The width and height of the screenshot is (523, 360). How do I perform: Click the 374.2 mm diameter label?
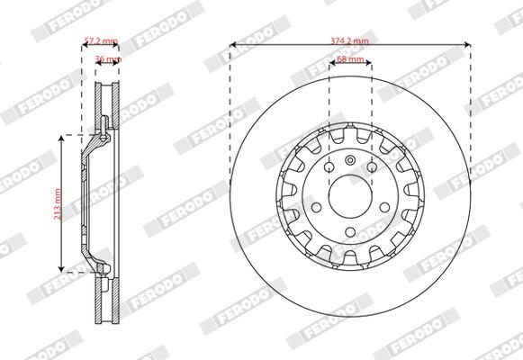(349, 40)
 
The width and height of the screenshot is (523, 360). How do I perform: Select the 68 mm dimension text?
(349, 59)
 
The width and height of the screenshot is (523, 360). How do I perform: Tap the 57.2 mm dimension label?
(102, 40)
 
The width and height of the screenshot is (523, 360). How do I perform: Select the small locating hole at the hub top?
(349, 161)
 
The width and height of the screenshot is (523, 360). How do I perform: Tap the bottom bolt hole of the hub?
(349, 231)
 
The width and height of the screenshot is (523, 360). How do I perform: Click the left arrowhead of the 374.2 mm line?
(232, 45)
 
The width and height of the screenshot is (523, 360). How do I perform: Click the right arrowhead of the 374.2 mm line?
(468, 45)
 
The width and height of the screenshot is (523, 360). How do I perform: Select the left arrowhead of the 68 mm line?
(330, 64)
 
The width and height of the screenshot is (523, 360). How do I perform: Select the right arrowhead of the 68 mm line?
(369, 64)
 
